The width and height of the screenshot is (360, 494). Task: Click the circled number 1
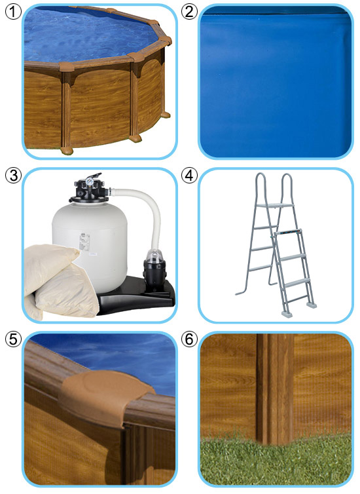tap(13, 12)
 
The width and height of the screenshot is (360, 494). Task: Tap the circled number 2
tap(189, 12)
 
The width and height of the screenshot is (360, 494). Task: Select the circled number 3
tap(13, 176)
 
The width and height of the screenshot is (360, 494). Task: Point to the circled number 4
tap(189, 176)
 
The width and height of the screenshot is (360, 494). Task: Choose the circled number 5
tap(13, 339)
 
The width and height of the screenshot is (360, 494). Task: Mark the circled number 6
tap(189, 339)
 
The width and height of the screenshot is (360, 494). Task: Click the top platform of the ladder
tap(275, 206)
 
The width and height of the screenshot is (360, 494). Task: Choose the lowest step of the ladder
tap(297, 299)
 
